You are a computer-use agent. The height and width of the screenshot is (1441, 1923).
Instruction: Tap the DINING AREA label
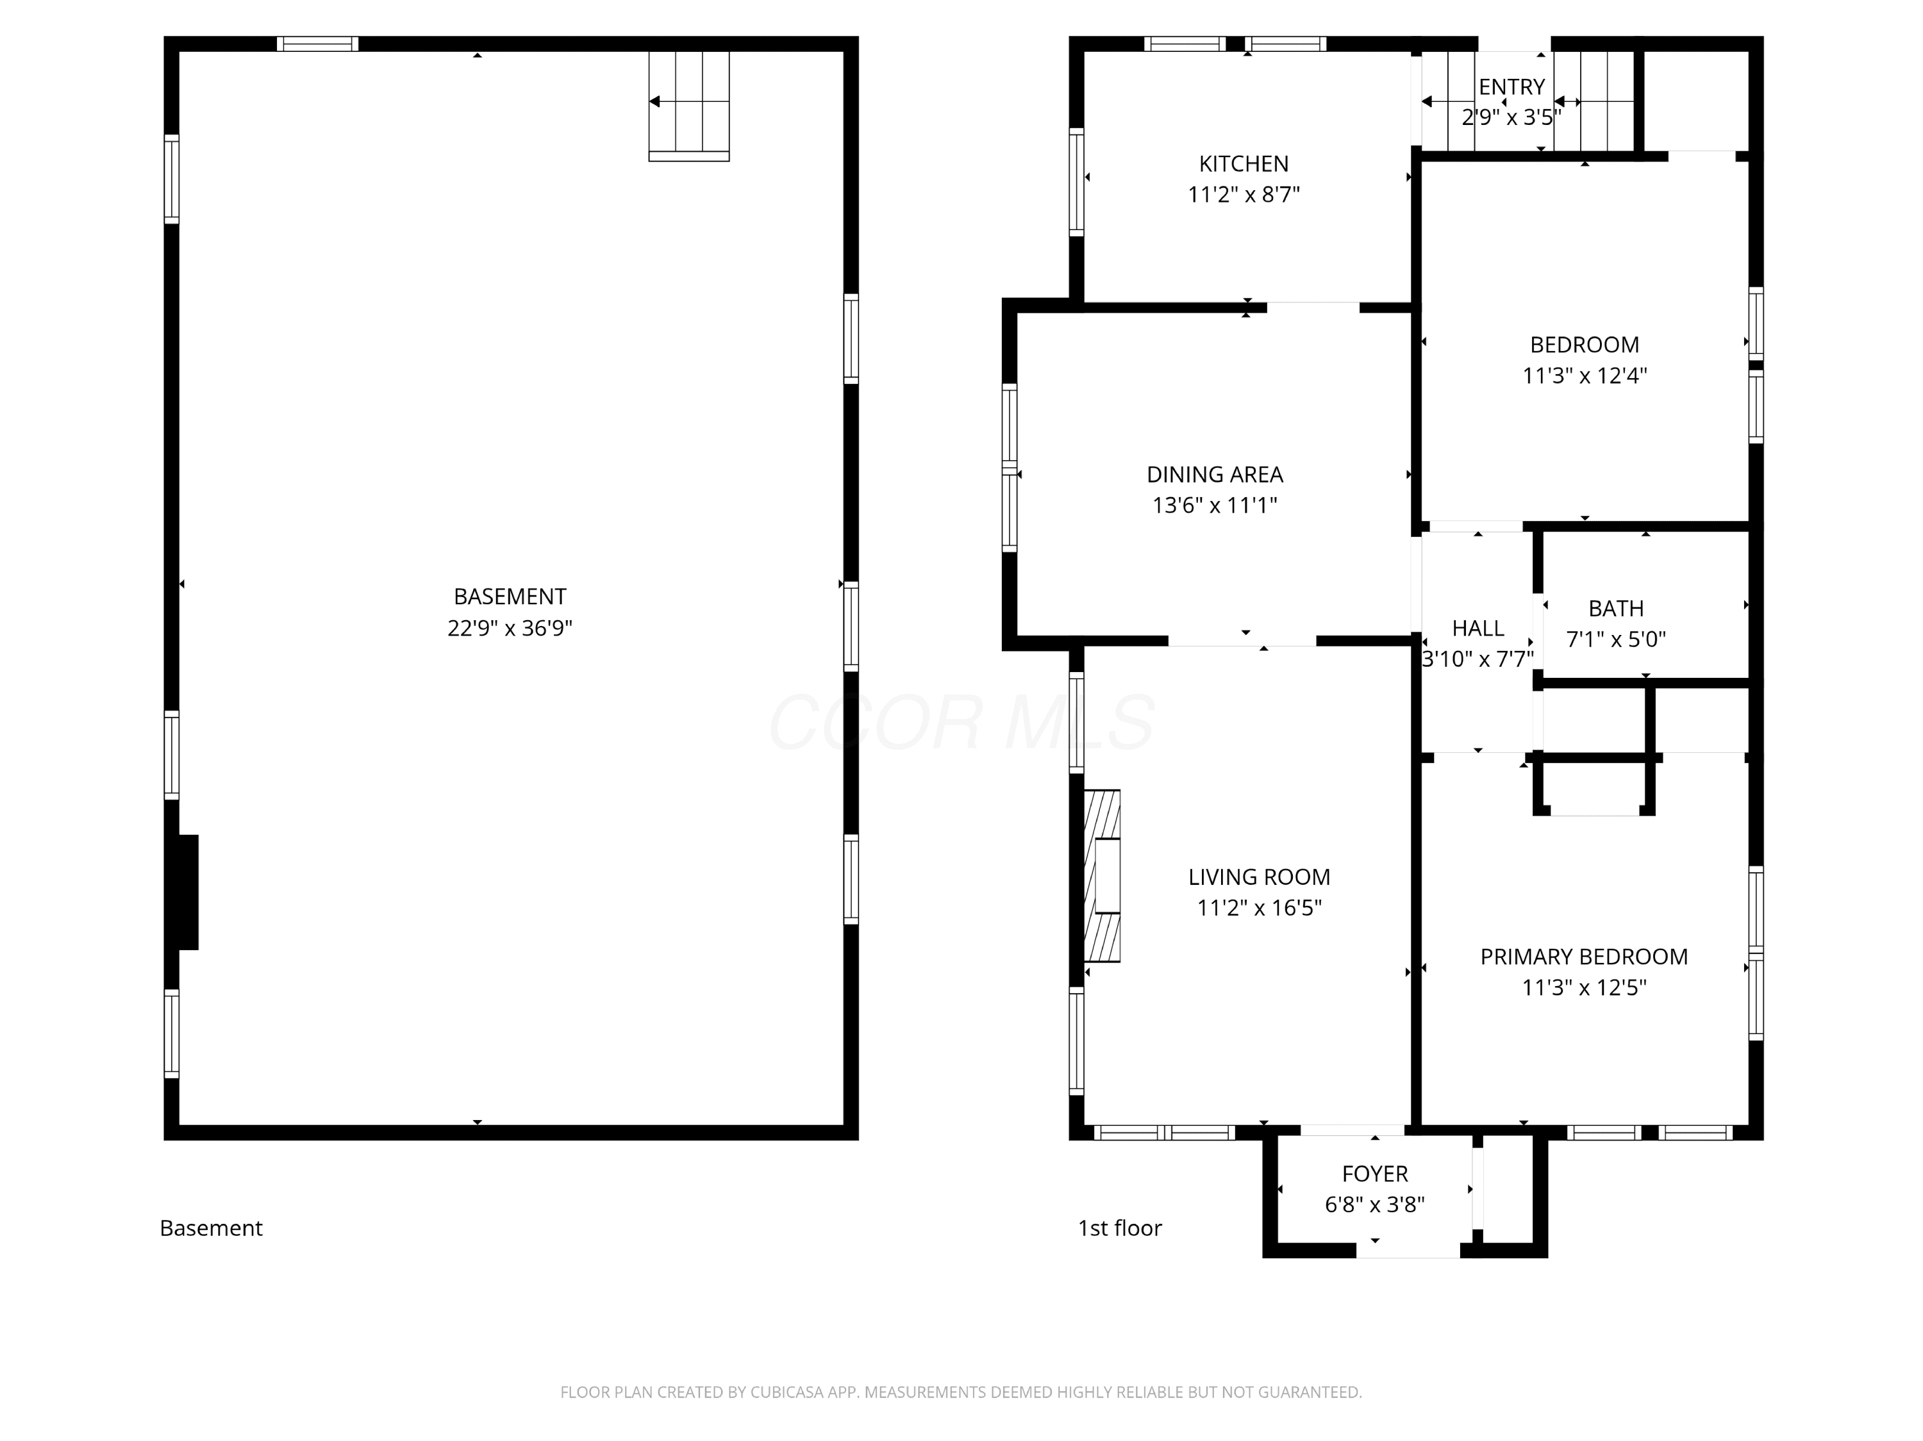coord(1215,475)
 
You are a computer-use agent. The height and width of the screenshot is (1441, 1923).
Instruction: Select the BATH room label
coord(1616,609)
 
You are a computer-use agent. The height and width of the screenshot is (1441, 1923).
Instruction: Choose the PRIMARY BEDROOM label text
coord(1584,956)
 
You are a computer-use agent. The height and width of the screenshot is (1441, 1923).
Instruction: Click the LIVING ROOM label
coord(1259,877)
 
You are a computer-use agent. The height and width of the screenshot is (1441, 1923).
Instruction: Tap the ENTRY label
coord(1511,87)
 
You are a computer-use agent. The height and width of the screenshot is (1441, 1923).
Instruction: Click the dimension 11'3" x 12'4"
coord(1584,375)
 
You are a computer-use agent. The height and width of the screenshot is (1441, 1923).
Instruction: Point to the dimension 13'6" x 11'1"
coord(1215,505)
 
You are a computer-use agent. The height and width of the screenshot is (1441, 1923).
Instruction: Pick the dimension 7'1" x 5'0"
coord(1616,639)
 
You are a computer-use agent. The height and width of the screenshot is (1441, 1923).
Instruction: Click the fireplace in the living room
coord(1103,875)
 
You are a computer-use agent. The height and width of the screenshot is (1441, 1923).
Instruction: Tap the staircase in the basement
coord(688,106)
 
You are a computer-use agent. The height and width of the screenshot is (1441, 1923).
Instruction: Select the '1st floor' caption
coord(1120,1228)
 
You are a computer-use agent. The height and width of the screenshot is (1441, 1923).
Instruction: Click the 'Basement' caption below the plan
coord(212,1228)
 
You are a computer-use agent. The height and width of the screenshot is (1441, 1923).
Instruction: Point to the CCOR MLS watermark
coord(961,721)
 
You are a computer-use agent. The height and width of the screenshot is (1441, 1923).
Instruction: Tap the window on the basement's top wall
coord(317,44)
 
